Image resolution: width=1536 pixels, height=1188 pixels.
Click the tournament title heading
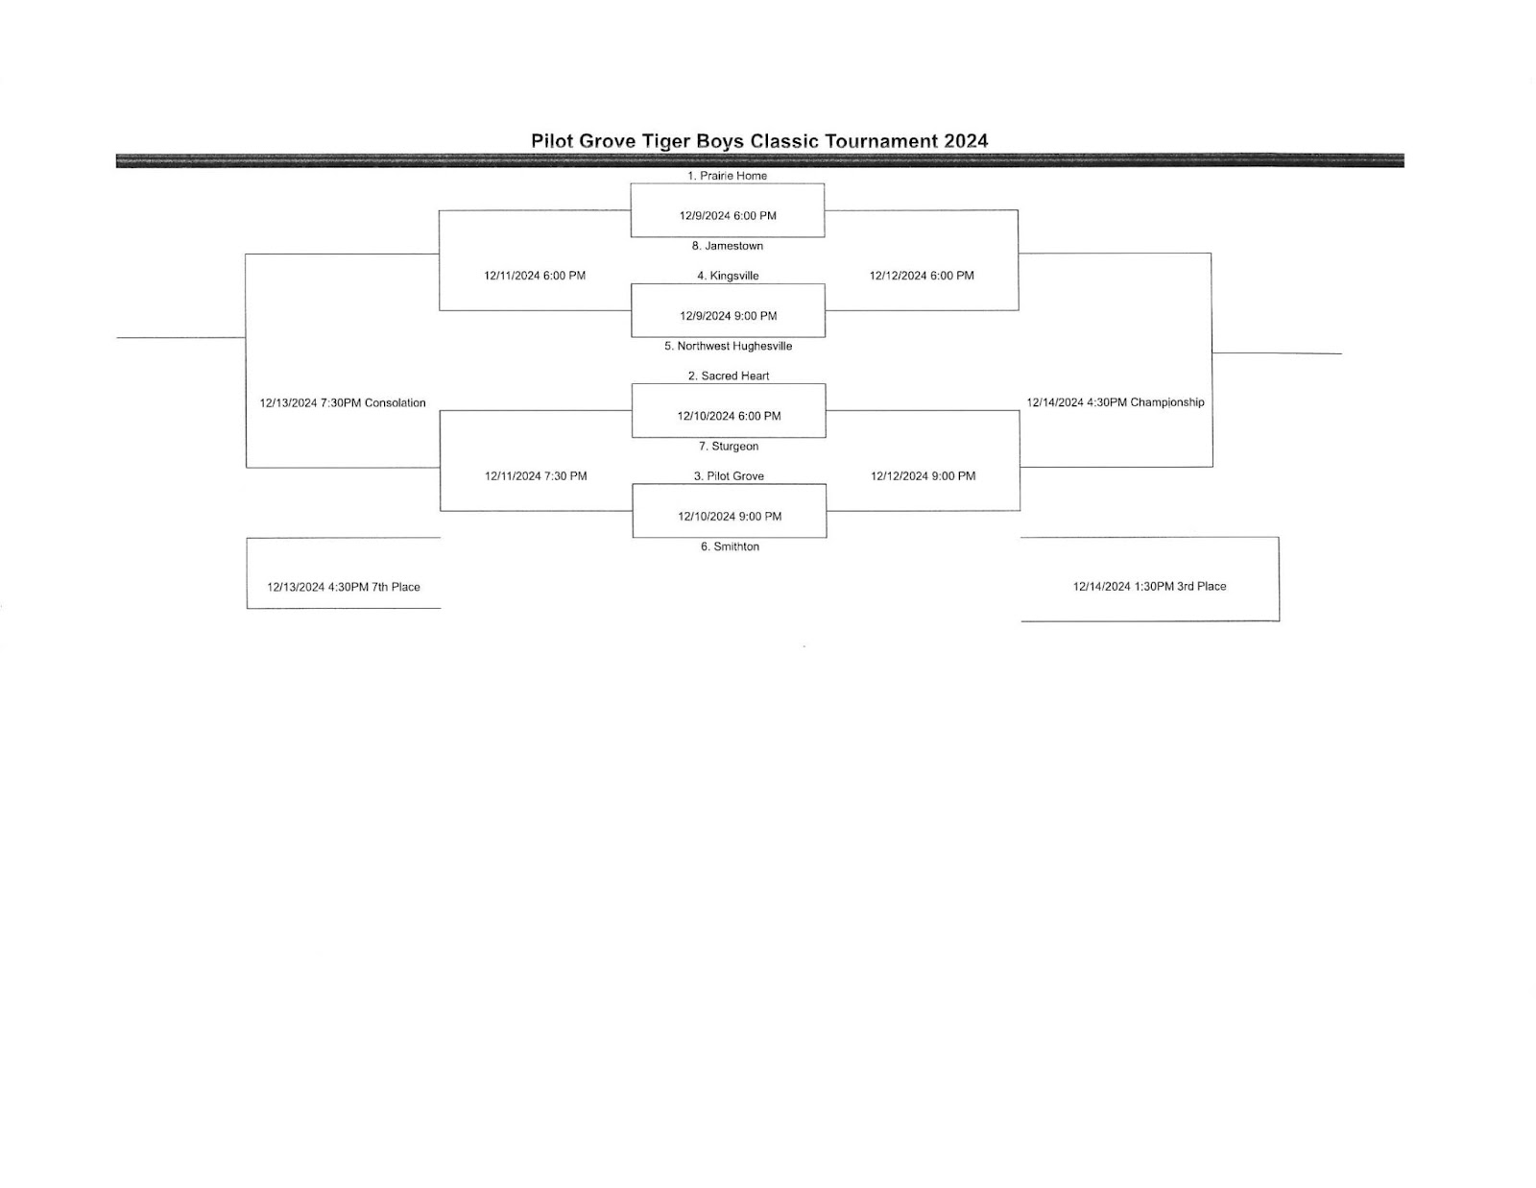[x=759, y=141]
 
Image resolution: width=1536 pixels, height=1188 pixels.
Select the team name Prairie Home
[x=733, y=176]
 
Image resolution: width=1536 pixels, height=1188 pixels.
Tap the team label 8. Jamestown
[x=728, y=246]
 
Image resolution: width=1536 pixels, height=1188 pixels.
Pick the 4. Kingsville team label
[x=728, y=276]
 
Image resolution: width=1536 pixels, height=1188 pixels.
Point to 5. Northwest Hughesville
[x=728, y=346]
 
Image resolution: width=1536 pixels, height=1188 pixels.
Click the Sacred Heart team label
[x=735, y=376]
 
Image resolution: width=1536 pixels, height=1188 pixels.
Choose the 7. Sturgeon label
[x=729, y=447]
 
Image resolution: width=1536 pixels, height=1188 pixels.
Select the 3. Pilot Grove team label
[x=729, y=476]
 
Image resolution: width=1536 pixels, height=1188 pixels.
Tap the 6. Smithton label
[x=730, y=546]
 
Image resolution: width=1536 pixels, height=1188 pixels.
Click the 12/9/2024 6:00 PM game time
[x=728, y=216]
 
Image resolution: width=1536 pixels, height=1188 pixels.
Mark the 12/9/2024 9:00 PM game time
[x=728, y=316]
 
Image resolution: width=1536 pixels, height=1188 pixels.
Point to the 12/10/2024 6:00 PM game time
[x=729, y=416]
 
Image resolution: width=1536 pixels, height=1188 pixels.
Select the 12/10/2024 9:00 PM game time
[x=730, y=517]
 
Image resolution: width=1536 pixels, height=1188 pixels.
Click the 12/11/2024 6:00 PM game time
[x=535, y=276]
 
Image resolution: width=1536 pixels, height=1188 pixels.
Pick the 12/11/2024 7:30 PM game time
[x=536, y=476]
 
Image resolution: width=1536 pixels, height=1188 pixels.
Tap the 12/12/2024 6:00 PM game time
[x=922, y=276]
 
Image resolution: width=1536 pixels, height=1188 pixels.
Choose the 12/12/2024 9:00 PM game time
[x=924, y=476]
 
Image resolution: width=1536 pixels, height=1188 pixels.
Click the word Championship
[x=1167, y=402]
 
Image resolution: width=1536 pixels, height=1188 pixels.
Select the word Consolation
[x=396, y=403]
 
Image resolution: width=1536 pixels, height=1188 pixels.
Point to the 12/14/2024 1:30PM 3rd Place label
[x=1149, y=586]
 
